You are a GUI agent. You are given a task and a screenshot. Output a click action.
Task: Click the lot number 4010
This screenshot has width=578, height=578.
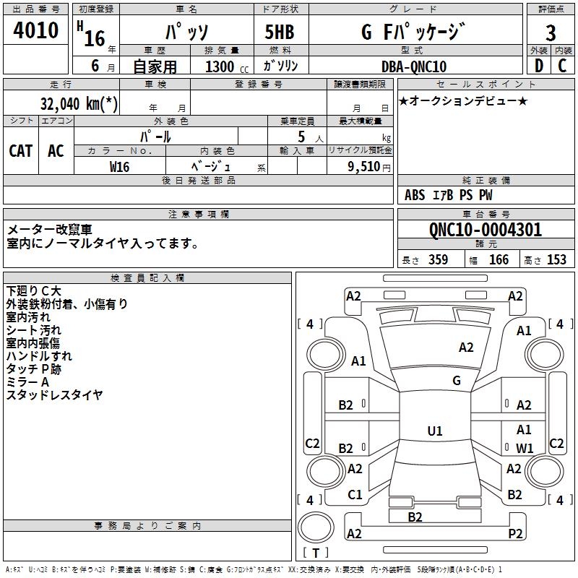tap(36, 31)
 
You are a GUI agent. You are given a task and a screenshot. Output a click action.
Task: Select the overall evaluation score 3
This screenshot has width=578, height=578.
tap(551, 33)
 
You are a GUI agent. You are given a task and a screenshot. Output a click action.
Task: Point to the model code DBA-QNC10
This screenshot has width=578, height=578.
tap(414, 66)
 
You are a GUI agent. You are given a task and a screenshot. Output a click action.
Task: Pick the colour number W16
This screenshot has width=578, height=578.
tap(119, 166)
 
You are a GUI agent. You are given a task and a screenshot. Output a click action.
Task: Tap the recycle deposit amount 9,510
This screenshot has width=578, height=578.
tap(363, 166)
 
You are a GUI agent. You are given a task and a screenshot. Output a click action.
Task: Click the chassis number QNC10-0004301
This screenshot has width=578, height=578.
tap(485, 230)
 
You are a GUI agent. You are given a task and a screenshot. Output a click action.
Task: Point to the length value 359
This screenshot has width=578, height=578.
tap(438, 259)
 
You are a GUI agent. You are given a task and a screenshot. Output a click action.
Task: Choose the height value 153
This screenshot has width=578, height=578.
tap(556, 259)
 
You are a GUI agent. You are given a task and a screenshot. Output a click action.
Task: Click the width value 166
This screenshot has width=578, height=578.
tap(499, 259)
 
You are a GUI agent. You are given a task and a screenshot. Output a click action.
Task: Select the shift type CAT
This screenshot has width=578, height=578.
tap(20, 150)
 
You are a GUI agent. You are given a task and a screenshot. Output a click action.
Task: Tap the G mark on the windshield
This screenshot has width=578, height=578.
tap(457, 380)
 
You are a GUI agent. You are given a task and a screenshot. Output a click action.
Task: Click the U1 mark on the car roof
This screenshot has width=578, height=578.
tap(435, 431)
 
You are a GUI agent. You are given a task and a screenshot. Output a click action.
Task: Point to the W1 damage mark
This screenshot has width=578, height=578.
tap(525, 448)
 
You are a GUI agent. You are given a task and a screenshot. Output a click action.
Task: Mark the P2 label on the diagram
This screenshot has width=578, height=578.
tap(515, 533)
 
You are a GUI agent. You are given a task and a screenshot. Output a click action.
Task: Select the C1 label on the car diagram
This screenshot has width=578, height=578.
tap(355, 495)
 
